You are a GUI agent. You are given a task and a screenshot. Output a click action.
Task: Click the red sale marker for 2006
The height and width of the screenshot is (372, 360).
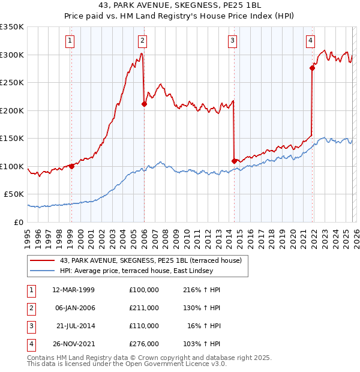coord(144,104)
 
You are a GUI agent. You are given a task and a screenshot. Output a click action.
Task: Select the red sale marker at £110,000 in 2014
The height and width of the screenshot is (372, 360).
coord(234,160)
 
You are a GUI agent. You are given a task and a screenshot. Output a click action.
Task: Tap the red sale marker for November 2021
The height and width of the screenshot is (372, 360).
coord(312,68)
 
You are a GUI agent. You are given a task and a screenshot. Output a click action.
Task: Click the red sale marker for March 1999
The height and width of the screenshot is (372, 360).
coord(71,166)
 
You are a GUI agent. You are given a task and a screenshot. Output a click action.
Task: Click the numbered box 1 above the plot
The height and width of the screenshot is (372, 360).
coord(70,41)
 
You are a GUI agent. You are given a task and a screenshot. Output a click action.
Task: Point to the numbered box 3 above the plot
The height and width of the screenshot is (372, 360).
coord(232,41)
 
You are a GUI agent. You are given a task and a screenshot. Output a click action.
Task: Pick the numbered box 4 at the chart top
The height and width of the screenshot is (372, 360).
coord(310,41)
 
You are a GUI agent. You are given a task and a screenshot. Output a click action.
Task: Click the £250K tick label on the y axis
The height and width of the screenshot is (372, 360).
coord(12,83)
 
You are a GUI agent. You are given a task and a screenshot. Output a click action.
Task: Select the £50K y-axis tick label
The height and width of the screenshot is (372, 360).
coord(14,194)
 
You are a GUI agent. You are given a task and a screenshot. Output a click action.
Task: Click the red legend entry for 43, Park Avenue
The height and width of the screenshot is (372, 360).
coord(150,260)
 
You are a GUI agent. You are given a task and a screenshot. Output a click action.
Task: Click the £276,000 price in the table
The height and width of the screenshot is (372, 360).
coord(143,344)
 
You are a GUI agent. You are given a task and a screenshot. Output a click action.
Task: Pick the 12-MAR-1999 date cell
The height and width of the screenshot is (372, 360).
coord(73,290)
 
